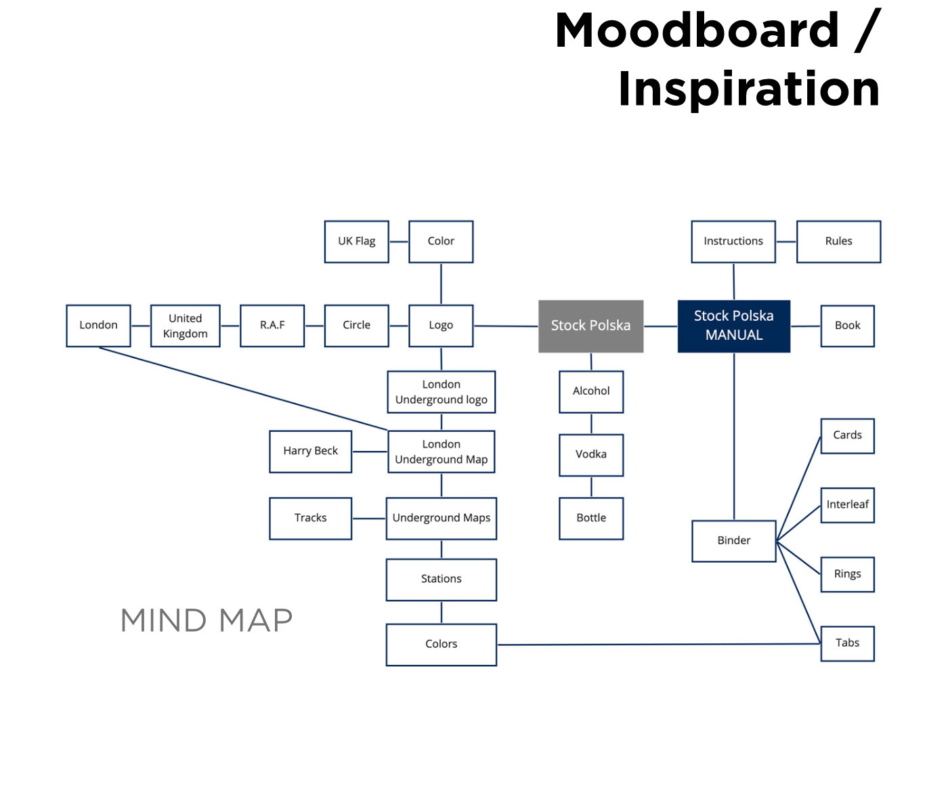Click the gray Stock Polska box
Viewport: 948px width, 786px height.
point(590,326)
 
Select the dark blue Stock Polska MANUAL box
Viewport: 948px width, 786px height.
point(733,326)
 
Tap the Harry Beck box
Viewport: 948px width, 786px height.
point(310,451)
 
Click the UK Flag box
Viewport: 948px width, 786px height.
point(356,241)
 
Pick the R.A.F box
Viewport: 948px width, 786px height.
point(272,326)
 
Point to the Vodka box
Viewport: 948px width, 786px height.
point(590,454)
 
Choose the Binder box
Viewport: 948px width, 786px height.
point(733,540)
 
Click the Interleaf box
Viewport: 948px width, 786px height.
point(847,504)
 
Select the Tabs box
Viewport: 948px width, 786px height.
point(847,642)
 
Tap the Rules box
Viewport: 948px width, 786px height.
point(838,241)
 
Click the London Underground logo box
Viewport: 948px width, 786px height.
point(441,392)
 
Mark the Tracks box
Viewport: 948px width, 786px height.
point(310,518)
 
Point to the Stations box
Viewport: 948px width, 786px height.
point(441,579)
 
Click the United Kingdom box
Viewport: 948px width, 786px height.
point(185,326)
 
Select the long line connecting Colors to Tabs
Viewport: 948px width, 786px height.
point(657,644)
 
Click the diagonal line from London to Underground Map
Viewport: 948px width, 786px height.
point(244,389)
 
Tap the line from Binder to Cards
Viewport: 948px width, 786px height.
point(799,487)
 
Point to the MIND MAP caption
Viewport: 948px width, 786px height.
point(207,620)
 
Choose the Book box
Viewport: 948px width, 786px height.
point(847,326)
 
